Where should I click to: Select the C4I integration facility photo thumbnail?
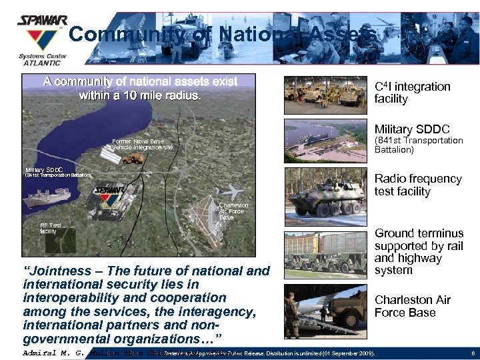coord(325,95)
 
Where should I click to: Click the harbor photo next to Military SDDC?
coord(325,141)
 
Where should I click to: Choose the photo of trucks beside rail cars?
coord(325,253)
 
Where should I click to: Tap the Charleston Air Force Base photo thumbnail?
coord(325,311)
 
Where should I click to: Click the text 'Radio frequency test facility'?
coord(417,185)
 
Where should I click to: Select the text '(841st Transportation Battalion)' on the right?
coord(418,145)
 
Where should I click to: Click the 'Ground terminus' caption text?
coord(419,233)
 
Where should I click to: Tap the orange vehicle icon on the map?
coord(133,158)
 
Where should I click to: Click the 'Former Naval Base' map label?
coord(137,141)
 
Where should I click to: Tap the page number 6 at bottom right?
coord(471,353)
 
